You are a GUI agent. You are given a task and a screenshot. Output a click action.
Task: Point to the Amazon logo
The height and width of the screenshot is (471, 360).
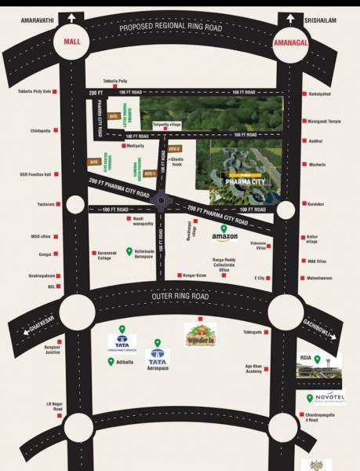click(x=224, y=237)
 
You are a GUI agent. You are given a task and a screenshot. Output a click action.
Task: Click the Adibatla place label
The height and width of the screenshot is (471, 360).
click(x=126, y=362)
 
